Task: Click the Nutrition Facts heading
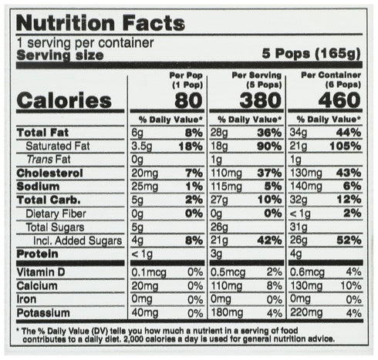pyautogui.click(x=100, y=23)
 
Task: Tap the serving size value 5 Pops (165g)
pyautogui.click(x=312, y=54)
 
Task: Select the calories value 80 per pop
pyautogui.click(x=188, y=100)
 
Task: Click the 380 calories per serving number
pyautogui.click(x=261, y=100)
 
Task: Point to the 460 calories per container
pyautogui.click(x=339, y=100)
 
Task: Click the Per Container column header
pyautogui.click(x=331, y=79)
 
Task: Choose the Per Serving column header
pyautogui.click(x=257, y=79)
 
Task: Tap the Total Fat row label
pyautogui.click(x=42, y=133)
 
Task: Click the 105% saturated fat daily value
pyautogui.click(x=346, y=146)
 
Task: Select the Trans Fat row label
pyautogui.click(x=49, y=160)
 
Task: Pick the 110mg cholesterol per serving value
pyautogui.click(x=226, y=173)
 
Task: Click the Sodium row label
pyautogui.click(x=38, y=187)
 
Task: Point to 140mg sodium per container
pyautogui.click(x=306, y=187)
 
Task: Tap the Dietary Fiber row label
pyautogui.click(x=56, y=214)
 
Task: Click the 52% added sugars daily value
pyautogui.click(x=349, y=241)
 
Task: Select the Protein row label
pyautogui.click(x=37, y=254)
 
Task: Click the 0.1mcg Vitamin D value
pyautogui.click(x=149, y=273)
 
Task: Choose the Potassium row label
pyautogui.click(x=43, y=313)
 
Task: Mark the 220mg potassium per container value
pyautogui.click(x=306, y=313)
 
